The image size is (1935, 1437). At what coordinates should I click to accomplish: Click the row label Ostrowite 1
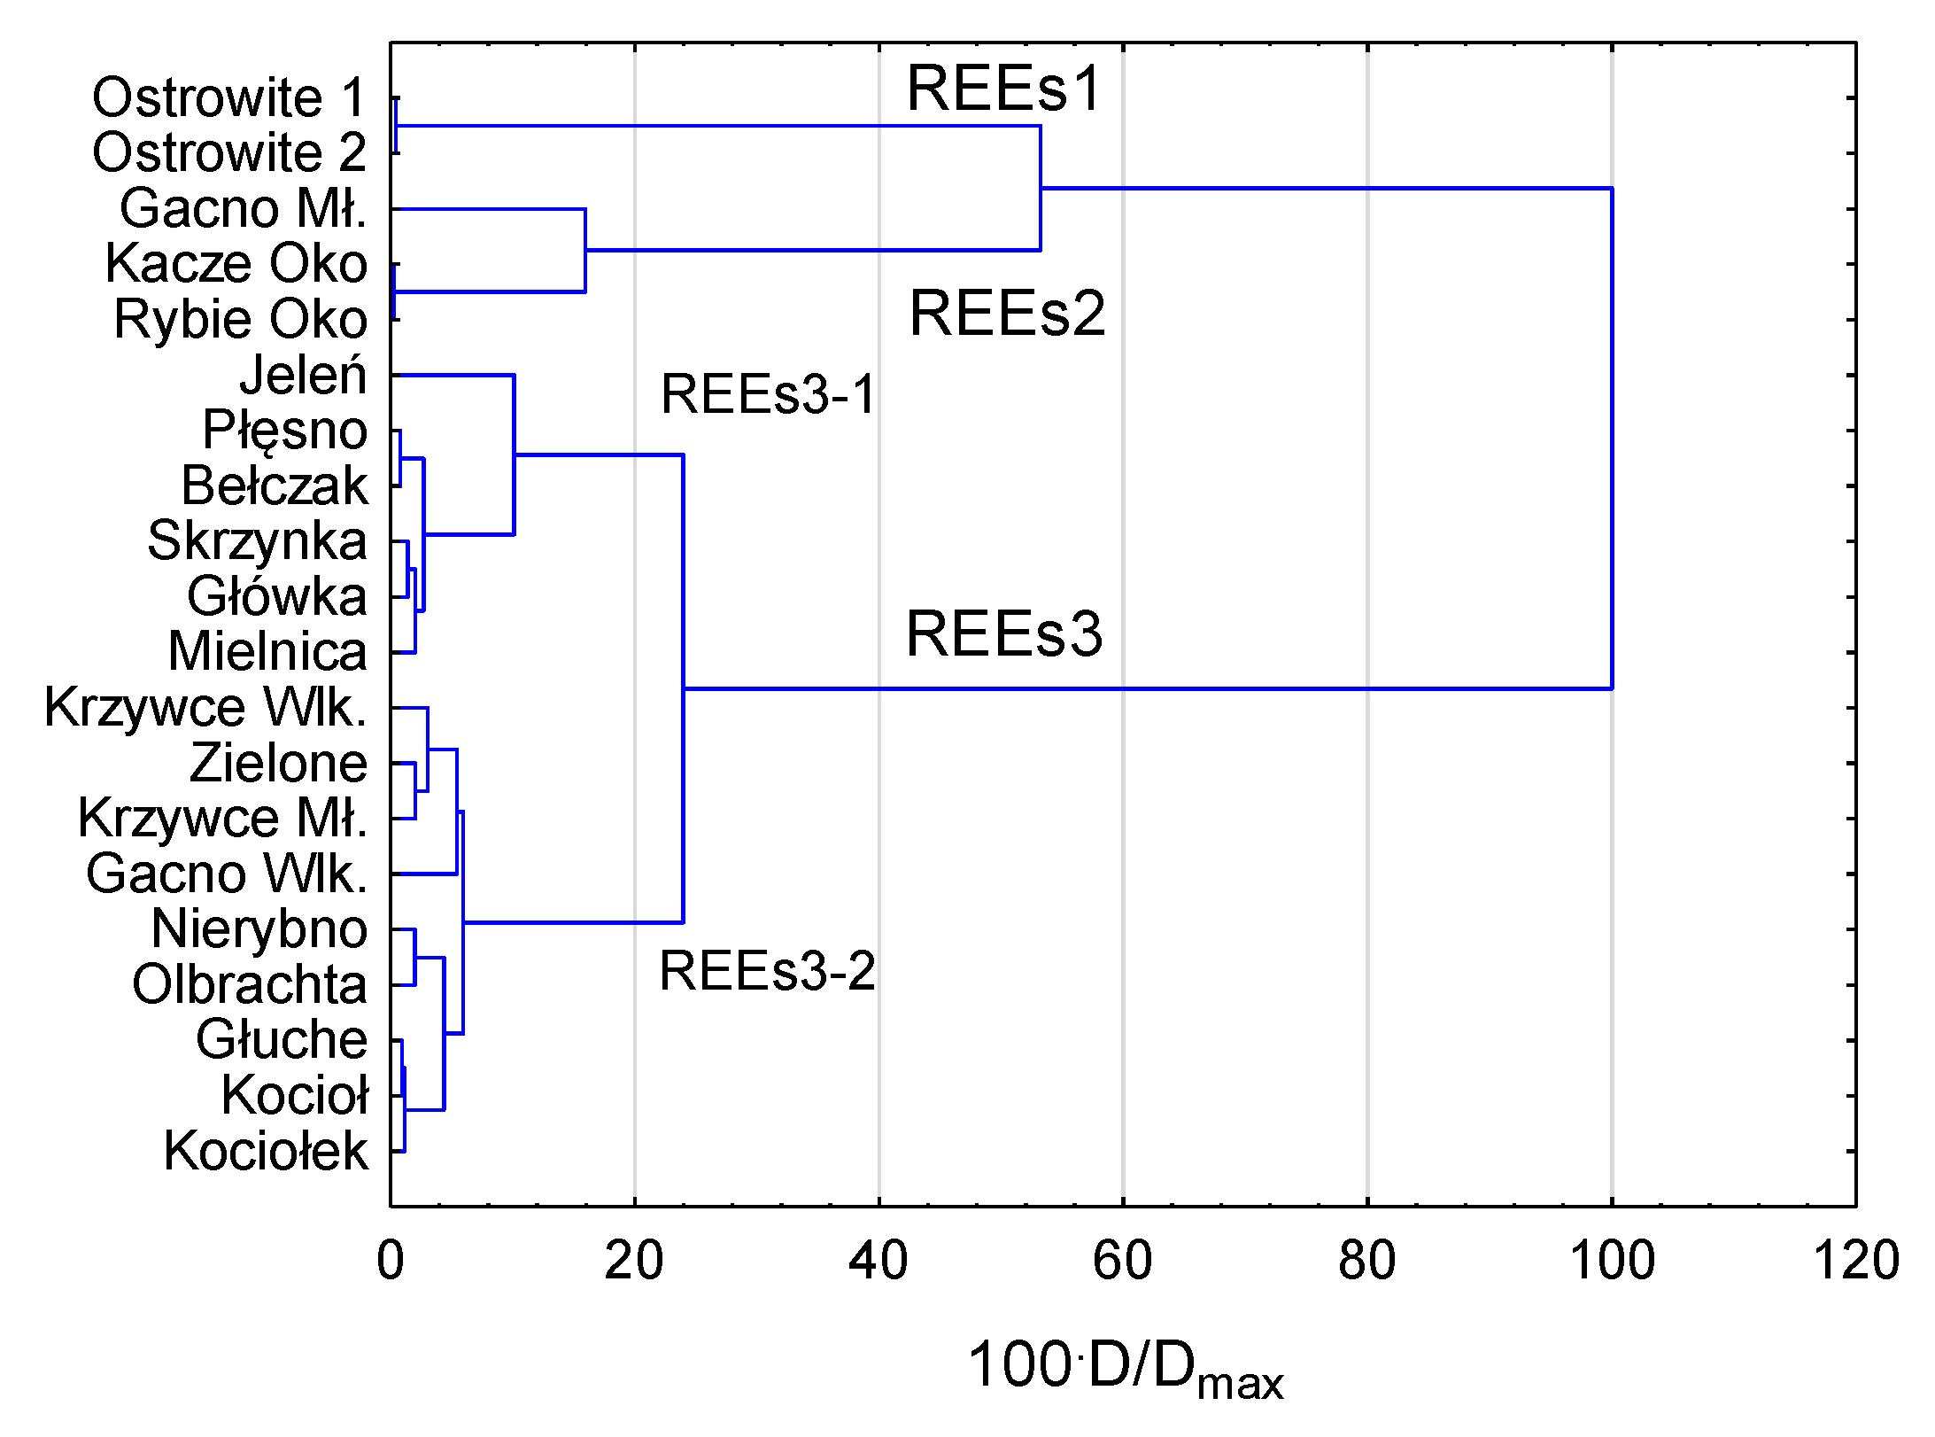(x=228, y=97)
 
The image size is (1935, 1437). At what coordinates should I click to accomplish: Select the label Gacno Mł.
(x=243, y=209)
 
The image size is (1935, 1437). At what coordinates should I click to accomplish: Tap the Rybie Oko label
(x=240, y=320)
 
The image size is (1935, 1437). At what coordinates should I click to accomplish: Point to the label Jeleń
(x=303, y=375)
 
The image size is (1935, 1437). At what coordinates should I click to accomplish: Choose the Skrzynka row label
(x=257, y=541)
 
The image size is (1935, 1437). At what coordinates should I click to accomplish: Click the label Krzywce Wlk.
(x=205, y=708)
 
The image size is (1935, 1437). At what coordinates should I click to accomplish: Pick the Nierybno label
(x=259, y=929)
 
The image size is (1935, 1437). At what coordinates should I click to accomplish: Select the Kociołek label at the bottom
(x=266, y=1152)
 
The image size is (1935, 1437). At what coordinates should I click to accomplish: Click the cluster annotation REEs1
(x=1003, y=89)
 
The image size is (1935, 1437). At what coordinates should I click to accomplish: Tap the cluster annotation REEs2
(x=1007, y=314)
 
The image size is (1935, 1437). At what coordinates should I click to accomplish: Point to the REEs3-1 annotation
(x=768, y=394)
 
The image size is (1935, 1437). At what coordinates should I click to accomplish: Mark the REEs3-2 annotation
(x=767, y=971)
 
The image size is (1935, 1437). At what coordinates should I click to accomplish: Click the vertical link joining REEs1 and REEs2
(x=1041, y=188)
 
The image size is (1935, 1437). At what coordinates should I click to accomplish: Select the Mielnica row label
(x=267, y=652)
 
